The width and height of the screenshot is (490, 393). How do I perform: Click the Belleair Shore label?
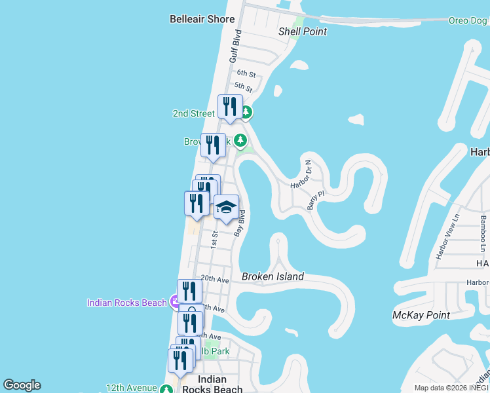point(202,19)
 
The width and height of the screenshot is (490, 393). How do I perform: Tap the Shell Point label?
point(302,31)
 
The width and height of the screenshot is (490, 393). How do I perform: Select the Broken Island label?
point(273,276)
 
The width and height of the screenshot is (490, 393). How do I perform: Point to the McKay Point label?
point(421,315)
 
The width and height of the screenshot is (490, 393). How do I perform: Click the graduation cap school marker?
point(226,208)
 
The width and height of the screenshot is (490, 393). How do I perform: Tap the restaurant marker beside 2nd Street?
point(230,106)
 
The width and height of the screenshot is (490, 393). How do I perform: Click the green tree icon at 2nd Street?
point(246,113)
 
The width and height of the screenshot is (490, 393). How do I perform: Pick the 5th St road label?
point(243,86)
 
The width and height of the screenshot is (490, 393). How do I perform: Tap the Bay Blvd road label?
point(240,223)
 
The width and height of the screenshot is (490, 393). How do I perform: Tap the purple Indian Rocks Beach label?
point(127,303)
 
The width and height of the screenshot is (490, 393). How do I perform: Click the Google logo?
point(22,385)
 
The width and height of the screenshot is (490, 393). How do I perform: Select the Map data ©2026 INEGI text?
point(451,388)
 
